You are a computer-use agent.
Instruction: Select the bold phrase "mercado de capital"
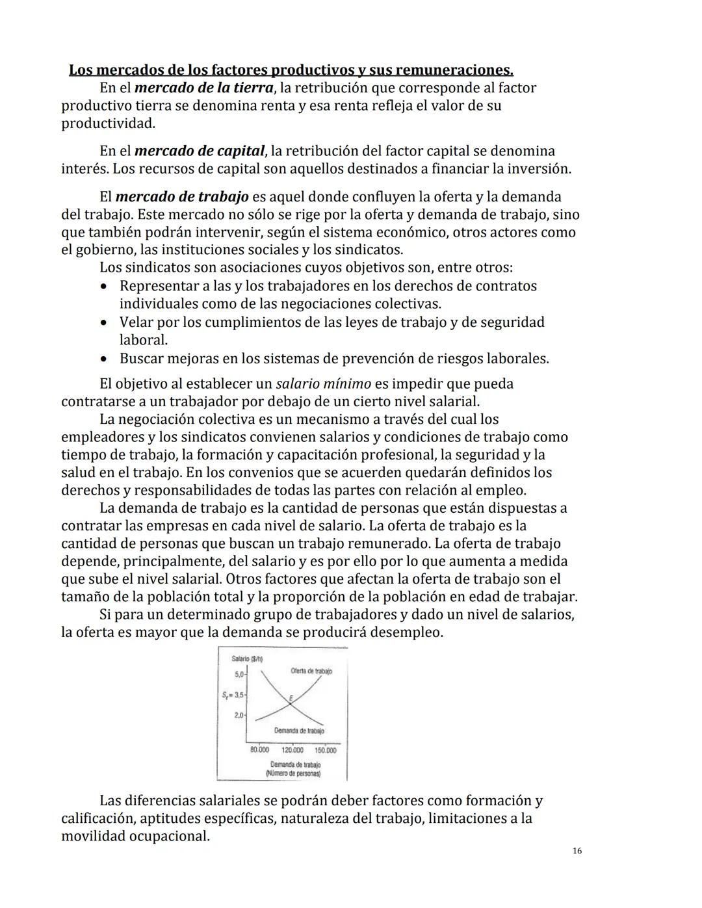[x=200, y=151]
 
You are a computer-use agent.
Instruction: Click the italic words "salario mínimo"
[x=323, y=383]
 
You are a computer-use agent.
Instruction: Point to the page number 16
[x=577, y=851]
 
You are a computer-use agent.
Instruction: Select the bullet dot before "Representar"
[x=104, y=286]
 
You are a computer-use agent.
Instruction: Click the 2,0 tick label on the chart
[x=239, y=716]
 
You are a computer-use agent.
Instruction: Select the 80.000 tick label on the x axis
[x=259, y=750]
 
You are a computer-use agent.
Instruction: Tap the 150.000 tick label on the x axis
[x=324, y=750]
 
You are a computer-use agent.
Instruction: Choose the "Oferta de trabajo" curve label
[x=311, y=671]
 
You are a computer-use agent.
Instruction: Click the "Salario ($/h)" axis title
[x=246, y=659]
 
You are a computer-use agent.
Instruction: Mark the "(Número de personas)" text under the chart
[x=292, y=773]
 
